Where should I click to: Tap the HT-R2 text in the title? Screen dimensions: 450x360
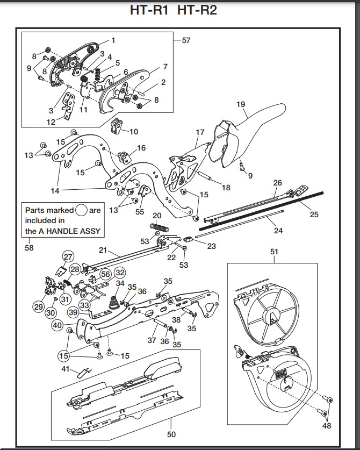point(197,10)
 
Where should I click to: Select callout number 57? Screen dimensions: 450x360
point(186,40)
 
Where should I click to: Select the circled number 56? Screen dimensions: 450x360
point(105,273)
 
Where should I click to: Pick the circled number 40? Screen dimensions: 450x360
point(57,325)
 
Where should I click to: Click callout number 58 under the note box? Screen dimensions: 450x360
point(29,247)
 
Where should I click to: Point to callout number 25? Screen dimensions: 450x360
point(314,215)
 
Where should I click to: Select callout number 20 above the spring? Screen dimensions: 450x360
point(157,216)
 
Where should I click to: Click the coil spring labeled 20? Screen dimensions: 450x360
point(160,228)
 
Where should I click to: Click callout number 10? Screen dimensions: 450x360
point(134,131)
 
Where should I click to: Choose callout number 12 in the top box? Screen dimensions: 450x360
point(51,122)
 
